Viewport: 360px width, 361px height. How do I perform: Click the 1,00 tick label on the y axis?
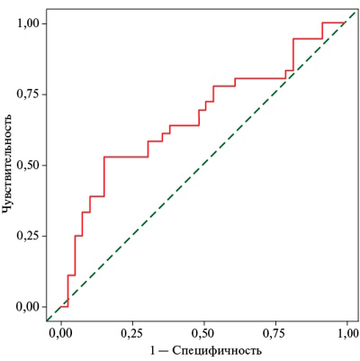[28, 23]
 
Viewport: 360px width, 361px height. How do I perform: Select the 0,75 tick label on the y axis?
[28, 95]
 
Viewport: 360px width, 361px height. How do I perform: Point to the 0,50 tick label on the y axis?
[28, 165]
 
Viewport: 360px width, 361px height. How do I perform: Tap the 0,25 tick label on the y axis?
[28, 236]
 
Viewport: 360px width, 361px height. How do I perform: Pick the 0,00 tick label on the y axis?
[28, 307]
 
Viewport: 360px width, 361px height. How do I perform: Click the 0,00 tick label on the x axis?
[61, 333]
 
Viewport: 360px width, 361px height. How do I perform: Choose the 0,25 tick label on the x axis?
[132, 333]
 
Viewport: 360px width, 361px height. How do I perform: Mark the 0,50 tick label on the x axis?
[204, 333]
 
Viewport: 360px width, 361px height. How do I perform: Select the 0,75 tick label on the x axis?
[275, 333]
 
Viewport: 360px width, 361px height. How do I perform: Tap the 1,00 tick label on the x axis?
[346, 333]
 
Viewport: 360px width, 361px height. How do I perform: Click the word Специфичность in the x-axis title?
[217, 350]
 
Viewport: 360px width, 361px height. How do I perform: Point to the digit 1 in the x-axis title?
[154, 350]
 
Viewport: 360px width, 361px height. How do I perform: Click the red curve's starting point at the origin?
[60, 307]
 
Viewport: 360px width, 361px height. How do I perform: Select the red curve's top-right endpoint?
[345, 23]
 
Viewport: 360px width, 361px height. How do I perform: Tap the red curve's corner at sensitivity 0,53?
[104, 157]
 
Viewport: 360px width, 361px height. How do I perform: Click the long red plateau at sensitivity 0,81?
[260, 78]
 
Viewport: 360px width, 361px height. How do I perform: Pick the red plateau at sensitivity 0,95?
[308, 39]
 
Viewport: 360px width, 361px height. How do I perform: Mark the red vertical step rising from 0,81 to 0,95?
[293, 54]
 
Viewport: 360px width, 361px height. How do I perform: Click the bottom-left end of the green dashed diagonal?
[47, 320]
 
